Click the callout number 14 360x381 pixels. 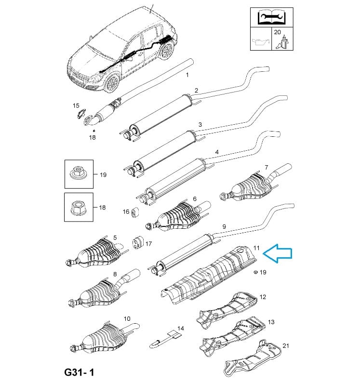coord(180,328)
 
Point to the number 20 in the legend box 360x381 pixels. coord(277,32)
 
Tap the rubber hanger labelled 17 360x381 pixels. coord(136,243)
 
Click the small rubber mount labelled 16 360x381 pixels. coord(135,212)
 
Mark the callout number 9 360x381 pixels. coord(224,226)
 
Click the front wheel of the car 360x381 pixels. coord(112,84)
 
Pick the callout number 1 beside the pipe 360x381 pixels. coord(187,75)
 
